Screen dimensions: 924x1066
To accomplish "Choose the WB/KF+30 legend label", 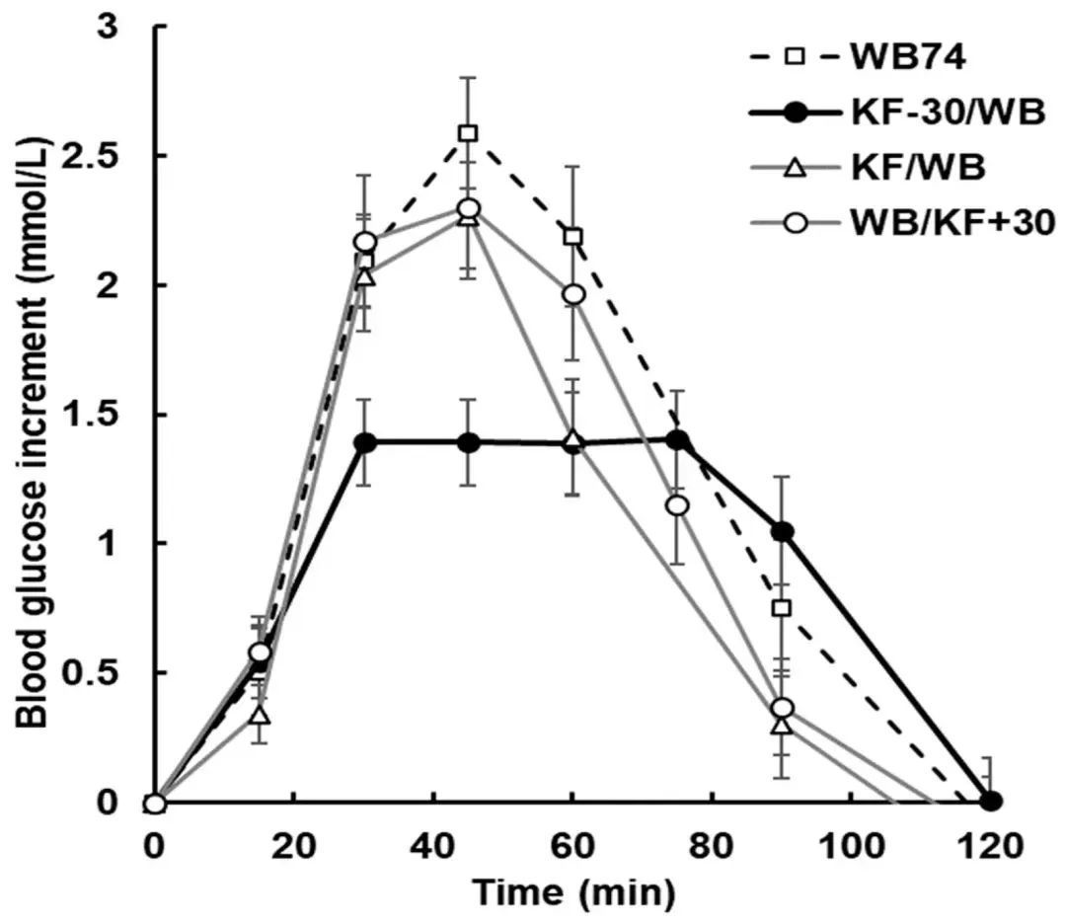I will point(952,225).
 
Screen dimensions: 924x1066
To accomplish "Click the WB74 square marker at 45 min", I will point(468,133).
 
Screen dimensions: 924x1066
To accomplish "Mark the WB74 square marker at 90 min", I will point(782,608).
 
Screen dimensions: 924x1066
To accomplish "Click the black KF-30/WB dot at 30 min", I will point(365,442).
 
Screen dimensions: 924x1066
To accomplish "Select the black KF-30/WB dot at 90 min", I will point(782,532).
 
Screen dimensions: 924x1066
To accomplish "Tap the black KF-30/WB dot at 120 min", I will point(992,801).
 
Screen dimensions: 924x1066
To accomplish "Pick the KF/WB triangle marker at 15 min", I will point(261,714).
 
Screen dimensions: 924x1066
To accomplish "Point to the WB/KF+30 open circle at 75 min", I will point(677,505).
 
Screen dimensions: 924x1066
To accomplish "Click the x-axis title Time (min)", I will point(572,892).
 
